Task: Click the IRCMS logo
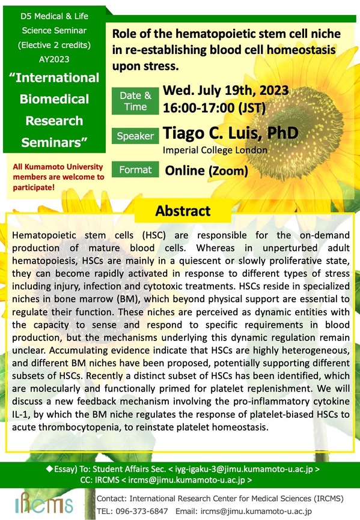point(44,503)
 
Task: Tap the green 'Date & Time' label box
point(135,101)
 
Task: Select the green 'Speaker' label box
point(135,136)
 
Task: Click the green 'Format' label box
point(135,169)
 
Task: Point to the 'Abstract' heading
point(183,211)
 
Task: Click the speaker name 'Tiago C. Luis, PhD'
point(231,133)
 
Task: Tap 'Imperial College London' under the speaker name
point(215,150)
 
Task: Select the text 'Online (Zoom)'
point(206,171)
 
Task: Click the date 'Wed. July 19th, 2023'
point(225,90)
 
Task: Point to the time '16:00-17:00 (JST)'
point(214,107)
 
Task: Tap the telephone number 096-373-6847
point(142,512)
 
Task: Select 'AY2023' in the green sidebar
point(54,59)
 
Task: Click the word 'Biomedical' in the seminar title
point(55,99)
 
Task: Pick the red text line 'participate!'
point(34,187)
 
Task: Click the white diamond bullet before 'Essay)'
point(49,468)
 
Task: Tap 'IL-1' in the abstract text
point(21,414)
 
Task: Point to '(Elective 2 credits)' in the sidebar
point(55,45)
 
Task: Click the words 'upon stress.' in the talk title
point(145,66)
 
